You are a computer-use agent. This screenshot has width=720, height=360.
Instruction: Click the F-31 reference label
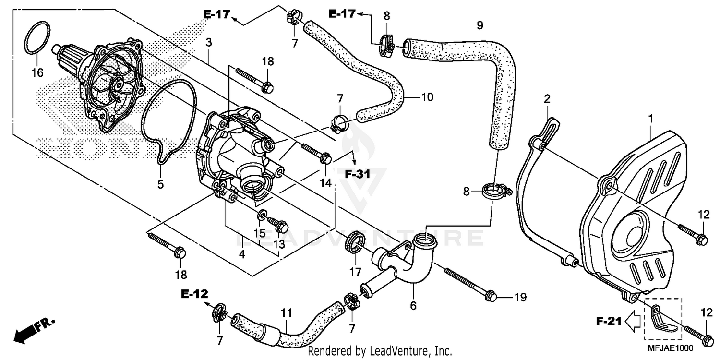(x=358, y=175)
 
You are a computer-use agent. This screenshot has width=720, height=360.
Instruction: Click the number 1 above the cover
(x=650, y=118)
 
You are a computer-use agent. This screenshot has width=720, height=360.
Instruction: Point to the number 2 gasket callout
(x=546, y=99)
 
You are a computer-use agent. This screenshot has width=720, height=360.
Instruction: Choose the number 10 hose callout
(x=427, y=97)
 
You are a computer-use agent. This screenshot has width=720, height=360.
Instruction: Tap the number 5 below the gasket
(x=161, y=184)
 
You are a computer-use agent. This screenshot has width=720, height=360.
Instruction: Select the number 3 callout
(x=208, y=43)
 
